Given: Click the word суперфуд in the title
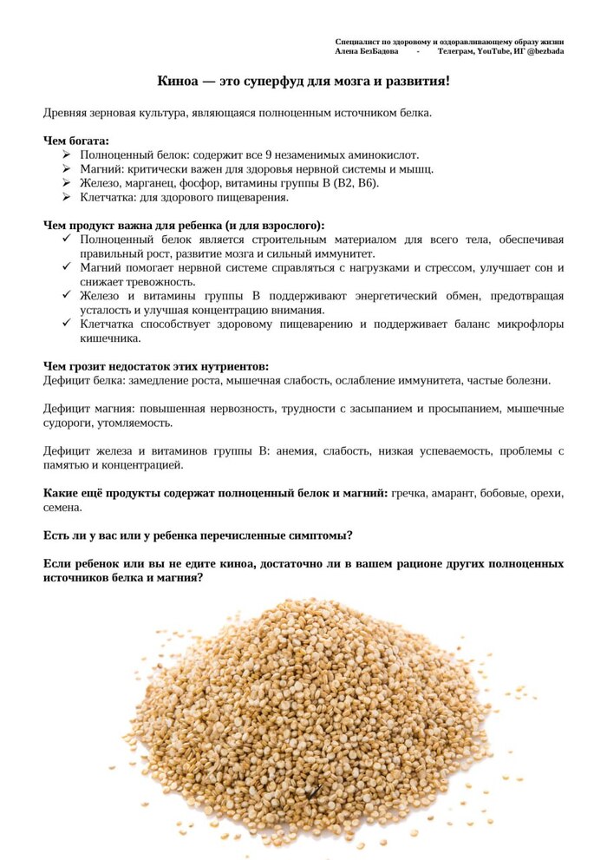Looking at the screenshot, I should [x=277, y=82].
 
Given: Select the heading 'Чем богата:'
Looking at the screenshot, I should [x=76, y=141].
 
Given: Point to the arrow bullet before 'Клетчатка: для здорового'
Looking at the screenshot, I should [x=66, y=198].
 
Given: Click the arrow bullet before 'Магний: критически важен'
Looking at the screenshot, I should [x=66, y=169].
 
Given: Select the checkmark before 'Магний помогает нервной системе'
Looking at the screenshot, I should [x=66, y=267].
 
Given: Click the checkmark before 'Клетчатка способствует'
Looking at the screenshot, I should [x=66, y=324].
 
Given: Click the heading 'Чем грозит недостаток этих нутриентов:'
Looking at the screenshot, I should [x=156, y=366].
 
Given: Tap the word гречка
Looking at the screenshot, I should [x=410, y=493].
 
